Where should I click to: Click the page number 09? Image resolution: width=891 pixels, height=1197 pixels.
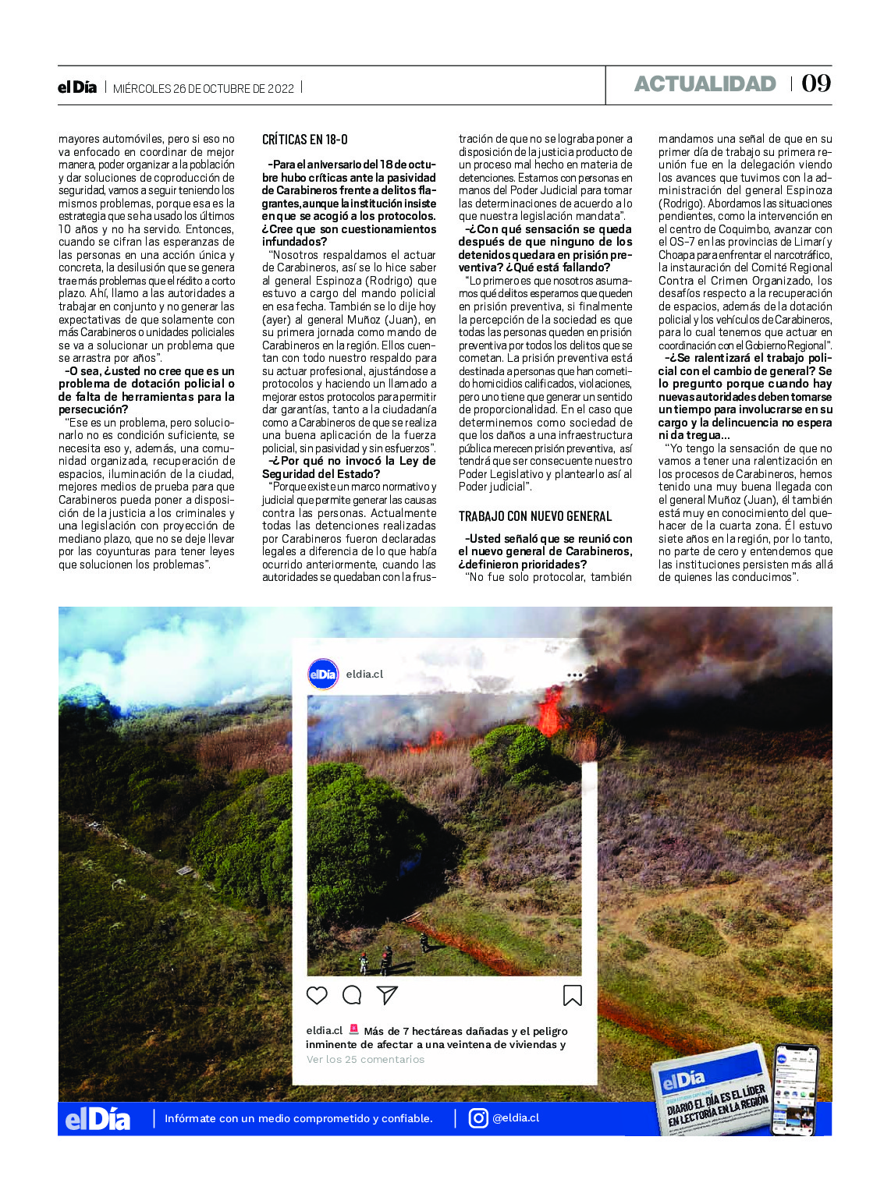pos(816,83)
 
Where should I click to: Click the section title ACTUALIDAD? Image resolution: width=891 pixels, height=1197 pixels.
pos(705,84)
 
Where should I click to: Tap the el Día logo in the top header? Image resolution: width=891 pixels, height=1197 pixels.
pos(77,87)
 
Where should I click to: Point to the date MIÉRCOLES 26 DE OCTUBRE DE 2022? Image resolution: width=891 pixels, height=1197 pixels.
pos(204,89)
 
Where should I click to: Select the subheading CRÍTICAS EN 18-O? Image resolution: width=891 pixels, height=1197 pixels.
pos(305,140)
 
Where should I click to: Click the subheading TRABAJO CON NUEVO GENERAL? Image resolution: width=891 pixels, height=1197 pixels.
pos(535,516)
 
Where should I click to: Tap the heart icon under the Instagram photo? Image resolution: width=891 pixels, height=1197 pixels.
pos(317,995)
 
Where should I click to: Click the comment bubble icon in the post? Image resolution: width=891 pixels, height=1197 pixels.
pos(352,995)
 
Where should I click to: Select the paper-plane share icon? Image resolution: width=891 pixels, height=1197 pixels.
pos(387,995)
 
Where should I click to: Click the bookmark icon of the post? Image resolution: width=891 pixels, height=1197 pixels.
pos(572,995)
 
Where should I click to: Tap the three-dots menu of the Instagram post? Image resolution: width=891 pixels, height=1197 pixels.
pos(575,675)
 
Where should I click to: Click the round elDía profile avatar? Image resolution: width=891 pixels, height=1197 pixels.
pos(323,674)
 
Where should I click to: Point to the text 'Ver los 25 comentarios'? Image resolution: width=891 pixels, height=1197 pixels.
pos(365,1060)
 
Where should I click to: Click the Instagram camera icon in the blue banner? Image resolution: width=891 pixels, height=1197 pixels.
pos(478,1118)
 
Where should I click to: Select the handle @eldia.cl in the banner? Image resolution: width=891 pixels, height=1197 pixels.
pos(516,1118)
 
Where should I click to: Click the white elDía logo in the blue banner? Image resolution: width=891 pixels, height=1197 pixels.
pos(98,1120)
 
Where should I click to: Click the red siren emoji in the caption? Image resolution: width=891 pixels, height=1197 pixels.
pos(353,1030)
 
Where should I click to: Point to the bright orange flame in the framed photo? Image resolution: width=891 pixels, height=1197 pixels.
pos(551,711)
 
